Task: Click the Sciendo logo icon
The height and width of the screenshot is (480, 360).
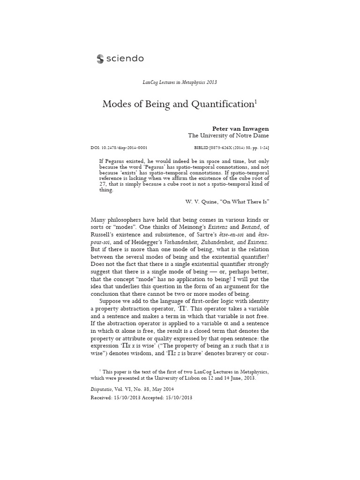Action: pos(100,59)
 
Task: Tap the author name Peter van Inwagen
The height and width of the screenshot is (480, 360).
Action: pos(240,127)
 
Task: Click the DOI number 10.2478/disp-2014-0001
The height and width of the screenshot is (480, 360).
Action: pos(123,148)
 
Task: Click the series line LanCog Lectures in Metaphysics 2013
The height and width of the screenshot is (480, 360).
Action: pos(180,82)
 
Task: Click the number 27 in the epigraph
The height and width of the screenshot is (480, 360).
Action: pos(103,184)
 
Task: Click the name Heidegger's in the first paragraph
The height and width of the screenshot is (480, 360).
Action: pos(149,241)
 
